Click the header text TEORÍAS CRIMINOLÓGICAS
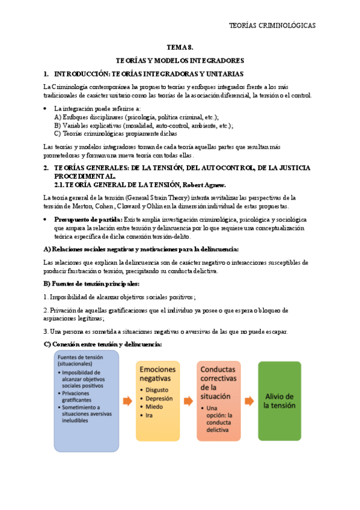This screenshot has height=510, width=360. [x=272, y=25]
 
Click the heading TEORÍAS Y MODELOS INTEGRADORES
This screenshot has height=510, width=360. [x=180, y=60]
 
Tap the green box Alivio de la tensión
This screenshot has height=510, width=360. [x=279, y=401]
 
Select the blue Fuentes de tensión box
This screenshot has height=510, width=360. [x=87, y=401]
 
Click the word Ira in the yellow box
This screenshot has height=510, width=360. [x=148, y=415]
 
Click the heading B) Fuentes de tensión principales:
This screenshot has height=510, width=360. [x=91, y=283]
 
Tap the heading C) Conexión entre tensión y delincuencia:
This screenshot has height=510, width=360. [x=103, y=344]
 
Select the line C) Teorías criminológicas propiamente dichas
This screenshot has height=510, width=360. [x=114, y=134]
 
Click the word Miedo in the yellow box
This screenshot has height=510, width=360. [x=153, y=407]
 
